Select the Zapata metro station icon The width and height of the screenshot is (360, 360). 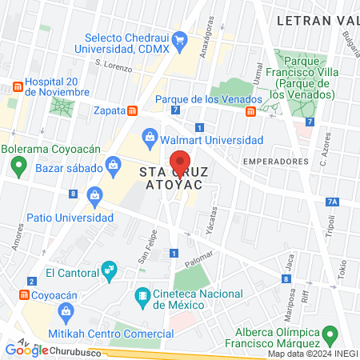(x=132, y=110)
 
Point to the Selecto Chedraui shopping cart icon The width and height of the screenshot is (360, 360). (x=180, y=38)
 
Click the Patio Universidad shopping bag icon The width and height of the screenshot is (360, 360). (x=94, y=194)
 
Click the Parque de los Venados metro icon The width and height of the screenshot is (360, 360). (x=250, y=110)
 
